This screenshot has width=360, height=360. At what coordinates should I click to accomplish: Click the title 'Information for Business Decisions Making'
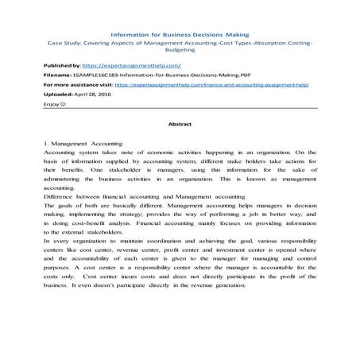coord(179,36)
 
